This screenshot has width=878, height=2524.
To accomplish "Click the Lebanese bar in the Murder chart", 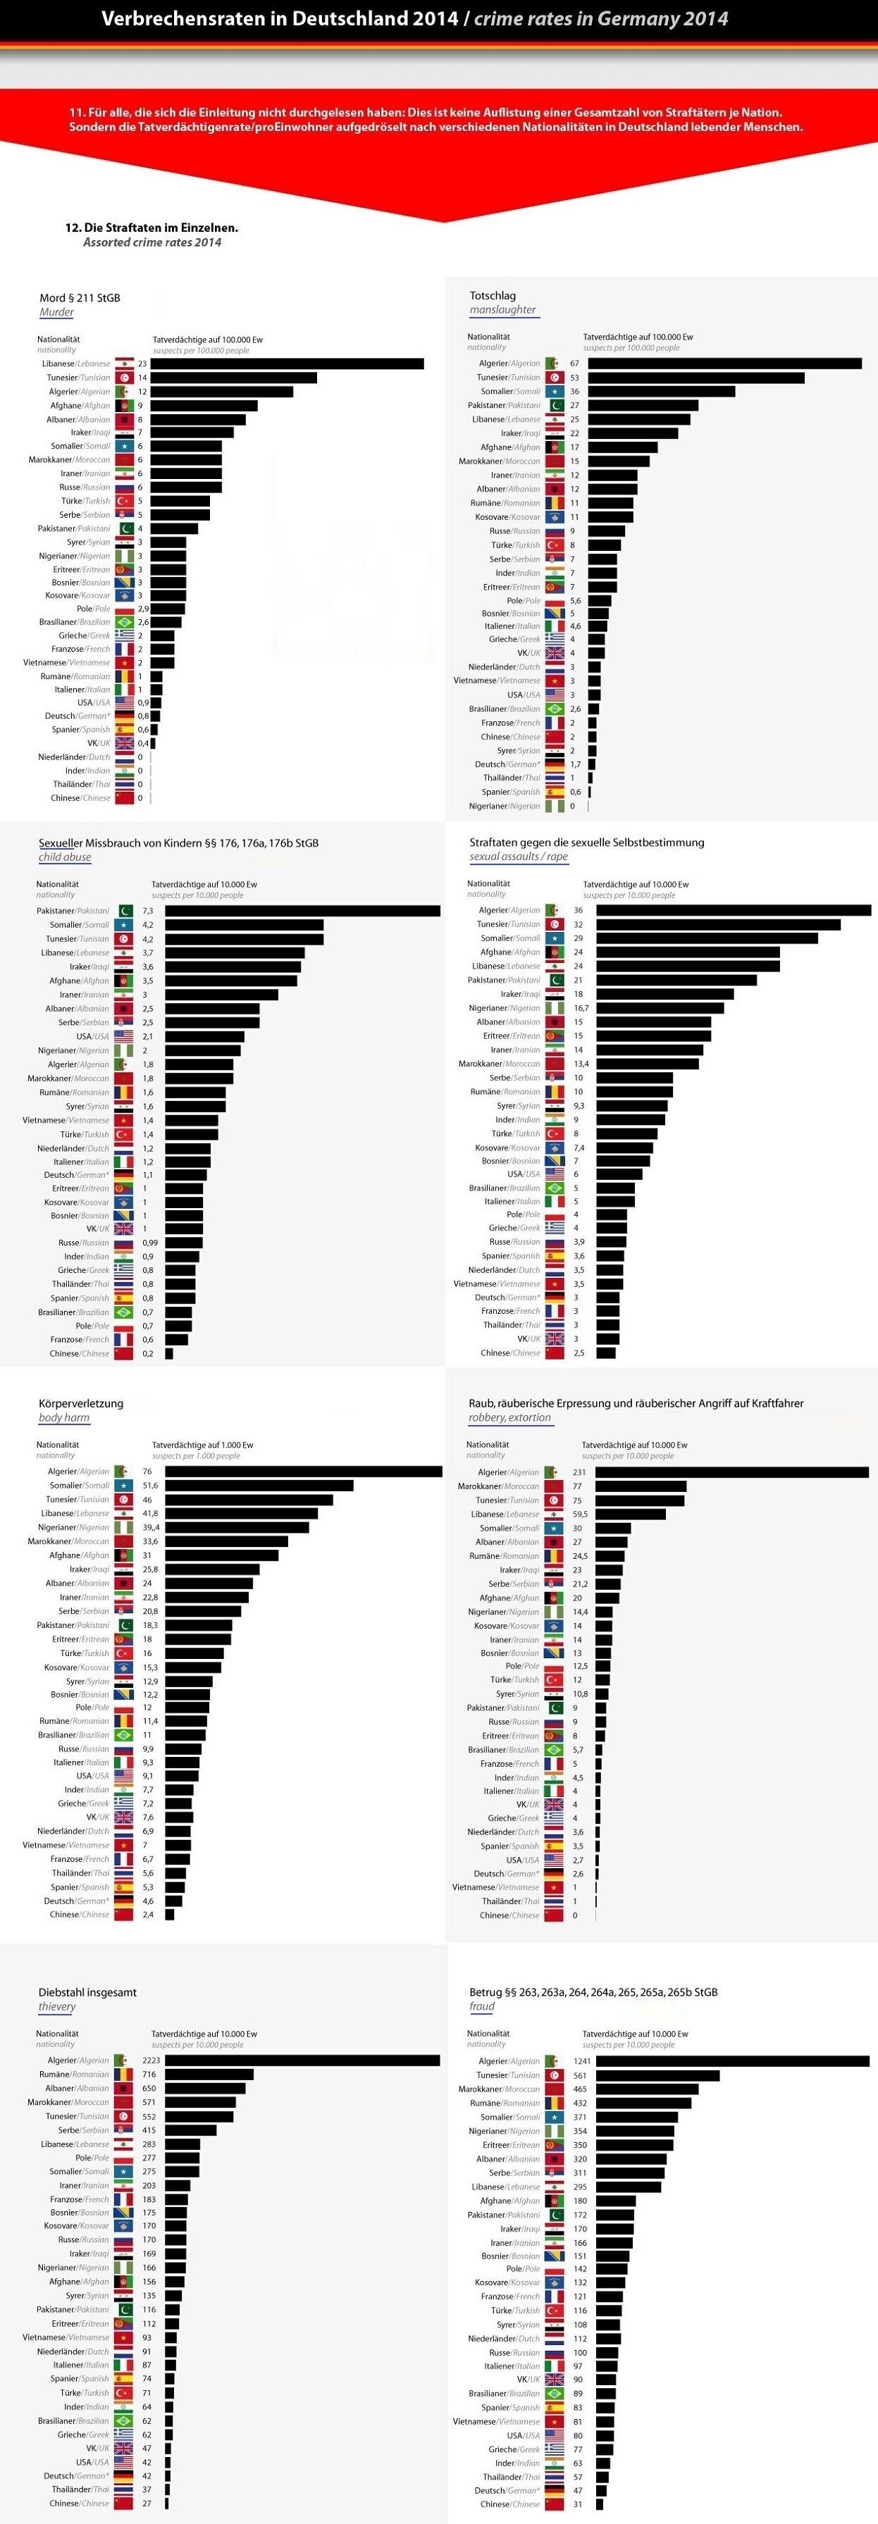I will pos(287,363).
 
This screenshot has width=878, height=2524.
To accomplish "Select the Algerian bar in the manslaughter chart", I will pos(724,363).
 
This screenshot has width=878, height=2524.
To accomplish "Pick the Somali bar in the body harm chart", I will pos(259,1486).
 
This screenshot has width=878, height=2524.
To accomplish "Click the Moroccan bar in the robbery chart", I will pos(641,1486).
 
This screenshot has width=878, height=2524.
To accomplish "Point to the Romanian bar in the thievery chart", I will pos(209,2075).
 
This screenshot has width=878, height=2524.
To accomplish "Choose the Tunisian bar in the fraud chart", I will pos(657,2075).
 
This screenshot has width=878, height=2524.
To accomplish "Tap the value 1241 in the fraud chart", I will pos(582,2061).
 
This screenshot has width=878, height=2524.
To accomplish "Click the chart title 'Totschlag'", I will pos(493,295).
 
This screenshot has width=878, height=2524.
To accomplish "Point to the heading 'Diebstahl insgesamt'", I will pos(87,1992).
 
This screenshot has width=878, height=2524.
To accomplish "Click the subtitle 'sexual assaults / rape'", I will pos(519,857).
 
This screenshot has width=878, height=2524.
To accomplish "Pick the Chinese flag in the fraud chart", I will pos(555,2504).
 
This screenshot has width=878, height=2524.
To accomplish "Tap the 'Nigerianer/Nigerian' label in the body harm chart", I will pos(73,1527).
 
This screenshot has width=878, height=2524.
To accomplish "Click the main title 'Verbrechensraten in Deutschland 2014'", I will pos(279,18).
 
